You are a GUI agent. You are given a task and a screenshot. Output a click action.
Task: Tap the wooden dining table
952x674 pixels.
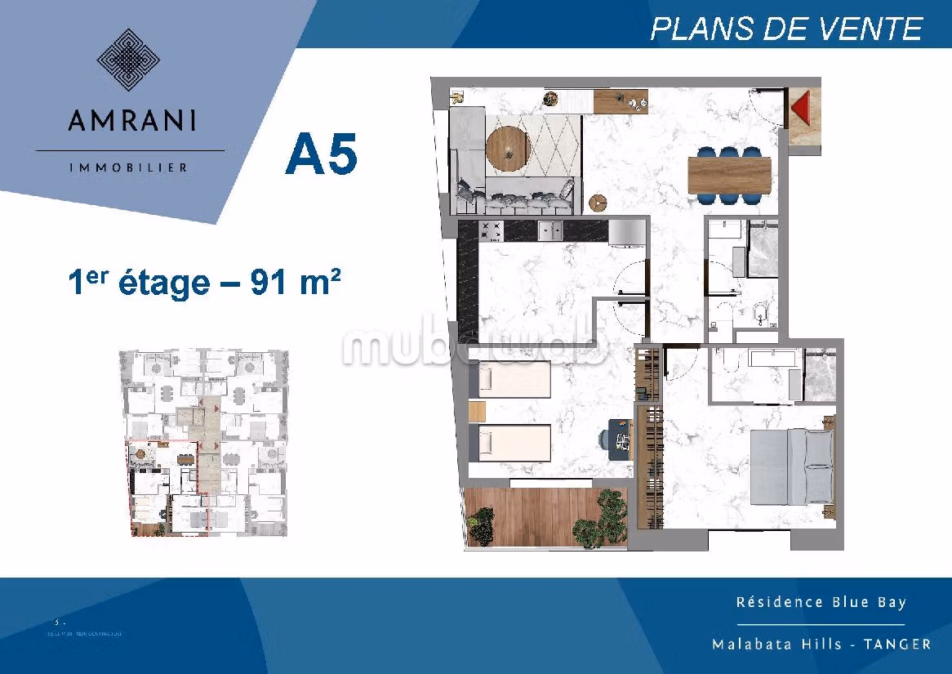pos(729,174)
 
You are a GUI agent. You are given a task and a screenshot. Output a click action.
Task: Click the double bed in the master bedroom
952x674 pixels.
pos(791,466)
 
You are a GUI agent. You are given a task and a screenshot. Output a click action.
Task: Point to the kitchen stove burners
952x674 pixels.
pos(492,231)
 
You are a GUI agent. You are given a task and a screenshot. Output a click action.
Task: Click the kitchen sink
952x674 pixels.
pos(549,231)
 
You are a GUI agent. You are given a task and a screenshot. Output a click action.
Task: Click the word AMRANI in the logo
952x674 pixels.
pos(131,120)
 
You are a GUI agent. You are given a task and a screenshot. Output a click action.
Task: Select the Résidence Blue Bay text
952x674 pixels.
pos(821,602)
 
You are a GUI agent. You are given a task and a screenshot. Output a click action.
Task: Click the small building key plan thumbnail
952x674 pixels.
pos(204,443)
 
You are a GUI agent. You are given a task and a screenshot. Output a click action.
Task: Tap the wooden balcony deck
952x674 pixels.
pos(545,516)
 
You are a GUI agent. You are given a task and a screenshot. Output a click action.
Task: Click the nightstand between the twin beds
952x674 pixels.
pos(477,411)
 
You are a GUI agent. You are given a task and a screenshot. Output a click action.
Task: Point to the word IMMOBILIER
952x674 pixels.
pos(130,167)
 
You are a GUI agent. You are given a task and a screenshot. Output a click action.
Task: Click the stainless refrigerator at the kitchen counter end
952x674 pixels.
pos(627,232)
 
